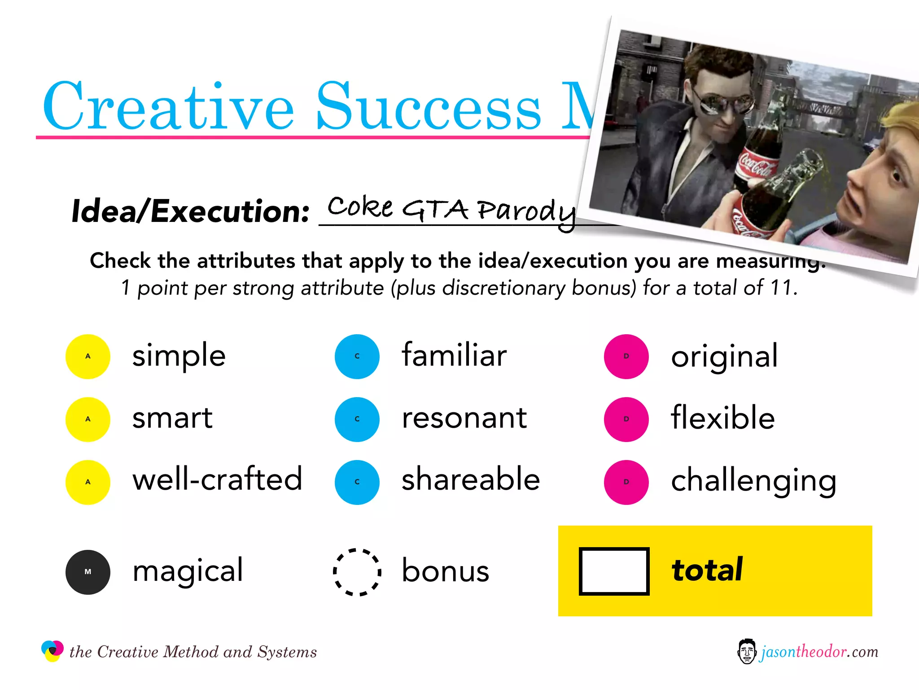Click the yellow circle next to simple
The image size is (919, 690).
[88, 356]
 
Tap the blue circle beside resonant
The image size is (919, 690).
[357, 419]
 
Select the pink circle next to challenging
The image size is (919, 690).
[626, 482]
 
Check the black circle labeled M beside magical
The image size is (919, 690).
[88, 572]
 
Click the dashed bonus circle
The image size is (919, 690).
[357, 572]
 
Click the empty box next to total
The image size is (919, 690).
[614, 571]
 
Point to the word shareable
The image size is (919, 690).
[470, 479]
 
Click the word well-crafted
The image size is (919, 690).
[217, 479]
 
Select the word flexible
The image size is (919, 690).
[722, 417]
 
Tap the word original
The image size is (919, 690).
[724, 356]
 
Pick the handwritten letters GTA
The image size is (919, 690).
[434, 209]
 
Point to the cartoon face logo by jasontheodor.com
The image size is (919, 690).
[747, 651]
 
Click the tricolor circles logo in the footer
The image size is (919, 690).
[52, 650]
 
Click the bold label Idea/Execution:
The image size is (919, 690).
[190, 211]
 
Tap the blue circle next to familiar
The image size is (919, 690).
[357, 356]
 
